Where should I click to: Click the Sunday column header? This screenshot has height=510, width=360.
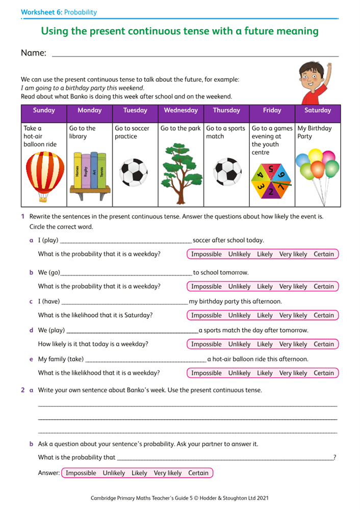[x=44, y=110]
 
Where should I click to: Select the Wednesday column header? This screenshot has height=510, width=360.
[x=181, y=110]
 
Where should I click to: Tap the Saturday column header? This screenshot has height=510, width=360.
[x=318, y=110]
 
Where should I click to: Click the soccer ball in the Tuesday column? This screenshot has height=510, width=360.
[x=134, y=172]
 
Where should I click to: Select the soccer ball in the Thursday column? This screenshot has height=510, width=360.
[x=227, y=172]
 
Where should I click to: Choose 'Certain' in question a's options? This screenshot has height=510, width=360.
[x=324, y=254]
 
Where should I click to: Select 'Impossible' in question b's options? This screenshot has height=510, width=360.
[x=207, y=287]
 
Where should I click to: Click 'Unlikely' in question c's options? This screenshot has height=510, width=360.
[x=239, y=315]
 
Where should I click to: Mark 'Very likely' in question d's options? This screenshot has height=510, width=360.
[x=293, y=344]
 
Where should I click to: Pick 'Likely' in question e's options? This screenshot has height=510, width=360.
[x=265, y=373]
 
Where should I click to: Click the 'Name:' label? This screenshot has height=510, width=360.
[x=34, y=53]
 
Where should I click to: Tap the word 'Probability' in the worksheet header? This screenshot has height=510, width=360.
[x=81, y=12]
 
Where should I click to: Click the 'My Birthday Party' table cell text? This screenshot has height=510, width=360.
[x=314, y=133]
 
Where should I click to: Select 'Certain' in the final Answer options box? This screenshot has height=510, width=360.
[x=198, y=473]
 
